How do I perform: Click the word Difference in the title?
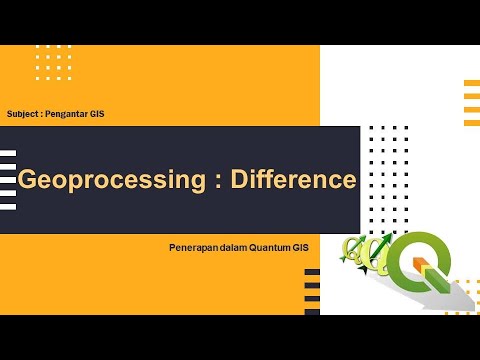pos(293,180)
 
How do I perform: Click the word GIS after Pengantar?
pos(97,114)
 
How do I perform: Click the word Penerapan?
pos(193,246)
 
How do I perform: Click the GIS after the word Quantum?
pos(302,246)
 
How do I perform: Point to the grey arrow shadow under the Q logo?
pos(462,298)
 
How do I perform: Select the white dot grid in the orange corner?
pos(53,61)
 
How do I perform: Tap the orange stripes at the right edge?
pos(472,102)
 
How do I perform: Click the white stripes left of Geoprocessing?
pos(8,180)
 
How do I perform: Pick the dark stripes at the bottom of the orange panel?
pos(312,291)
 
